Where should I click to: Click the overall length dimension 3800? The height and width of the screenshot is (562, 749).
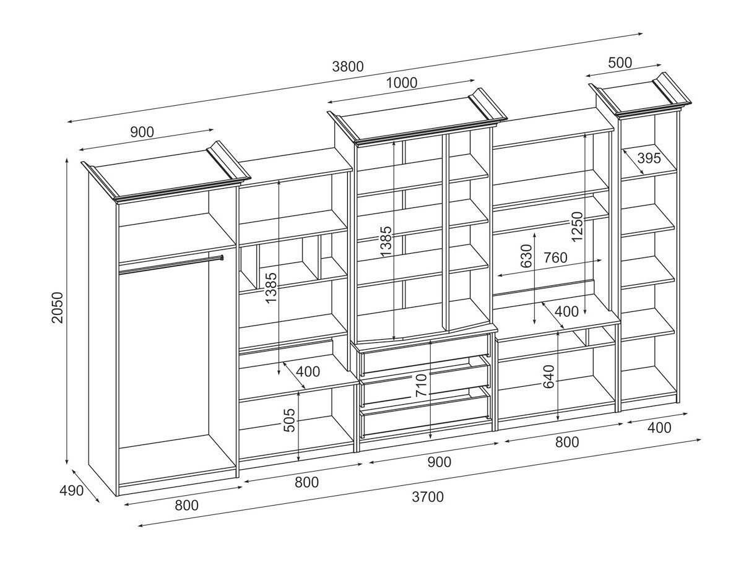347,67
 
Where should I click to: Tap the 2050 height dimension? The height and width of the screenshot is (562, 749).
58,308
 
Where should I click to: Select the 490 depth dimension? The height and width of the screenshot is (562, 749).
71,491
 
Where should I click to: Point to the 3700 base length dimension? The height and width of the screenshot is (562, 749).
428,496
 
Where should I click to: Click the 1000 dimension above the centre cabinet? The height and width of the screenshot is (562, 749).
401,83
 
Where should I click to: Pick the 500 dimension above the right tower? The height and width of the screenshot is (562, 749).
620,63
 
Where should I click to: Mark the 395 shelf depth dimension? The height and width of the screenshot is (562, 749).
649,158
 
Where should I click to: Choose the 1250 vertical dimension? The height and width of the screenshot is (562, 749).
577,227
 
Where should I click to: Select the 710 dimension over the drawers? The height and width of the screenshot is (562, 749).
422,386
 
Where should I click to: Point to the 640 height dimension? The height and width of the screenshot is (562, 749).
549,377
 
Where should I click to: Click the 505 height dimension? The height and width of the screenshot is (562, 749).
289,423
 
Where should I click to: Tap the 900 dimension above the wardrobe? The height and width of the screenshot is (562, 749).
142,132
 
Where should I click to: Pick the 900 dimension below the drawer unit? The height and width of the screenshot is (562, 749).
439,462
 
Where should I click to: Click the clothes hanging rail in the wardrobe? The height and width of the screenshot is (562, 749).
170,264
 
